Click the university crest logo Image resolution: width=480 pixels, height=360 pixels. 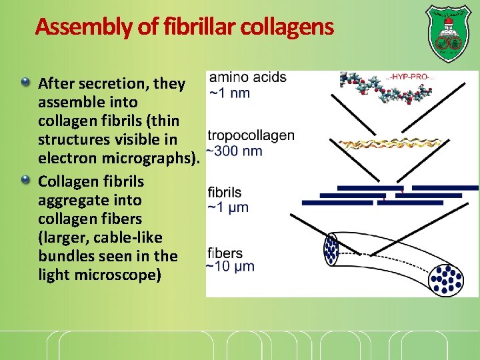coord(447,31)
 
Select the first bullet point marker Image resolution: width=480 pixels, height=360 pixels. coord(26,83)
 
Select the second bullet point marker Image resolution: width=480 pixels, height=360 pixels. coord(26,180)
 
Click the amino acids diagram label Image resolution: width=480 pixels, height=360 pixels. coord(247,77)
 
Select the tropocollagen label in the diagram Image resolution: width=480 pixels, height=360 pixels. coord(251,135)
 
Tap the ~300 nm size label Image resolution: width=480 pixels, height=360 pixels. coord(235,151)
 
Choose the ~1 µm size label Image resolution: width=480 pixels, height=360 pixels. coord(229,207)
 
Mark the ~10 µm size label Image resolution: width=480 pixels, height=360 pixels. coord(231,267)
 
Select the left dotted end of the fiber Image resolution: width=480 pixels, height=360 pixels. coord(331,248)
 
